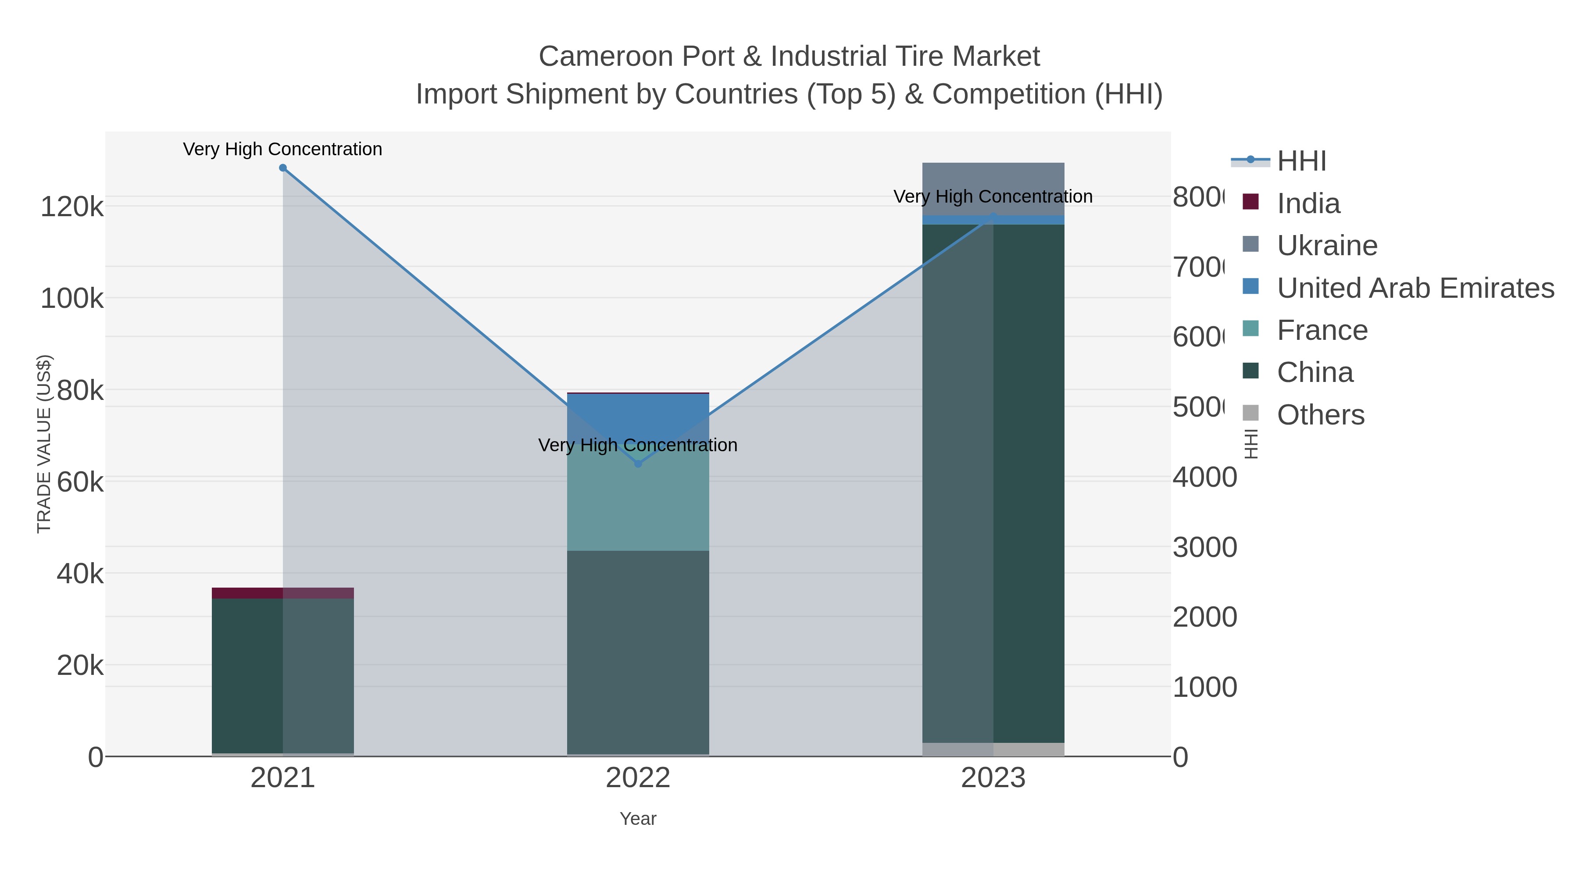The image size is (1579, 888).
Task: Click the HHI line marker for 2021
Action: (x=282, y=168)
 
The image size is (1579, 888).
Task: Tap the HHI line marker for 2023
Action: (x=993, y=216)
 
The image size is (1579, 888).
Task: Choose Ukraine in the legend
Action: (x=1327, y=246)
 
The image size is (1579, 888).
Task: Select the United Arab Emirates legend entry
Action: (x=1415, y=288)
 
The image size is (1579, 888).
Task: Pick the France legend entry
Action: (x=1322, y=330)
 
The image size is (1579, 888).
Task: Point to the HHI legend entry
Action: (x=1301, y=161)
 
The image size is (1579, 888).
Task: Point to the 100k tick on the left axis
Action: (x=72, y=299)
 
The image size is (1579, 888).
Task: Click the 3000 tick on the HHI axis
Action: (x=1204, y=547)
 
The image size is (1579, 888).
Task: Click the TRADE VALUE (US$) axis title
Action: (x=44, y=444)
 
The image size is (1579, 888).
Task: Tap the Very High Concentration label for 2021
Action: (x=282, y=149)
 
